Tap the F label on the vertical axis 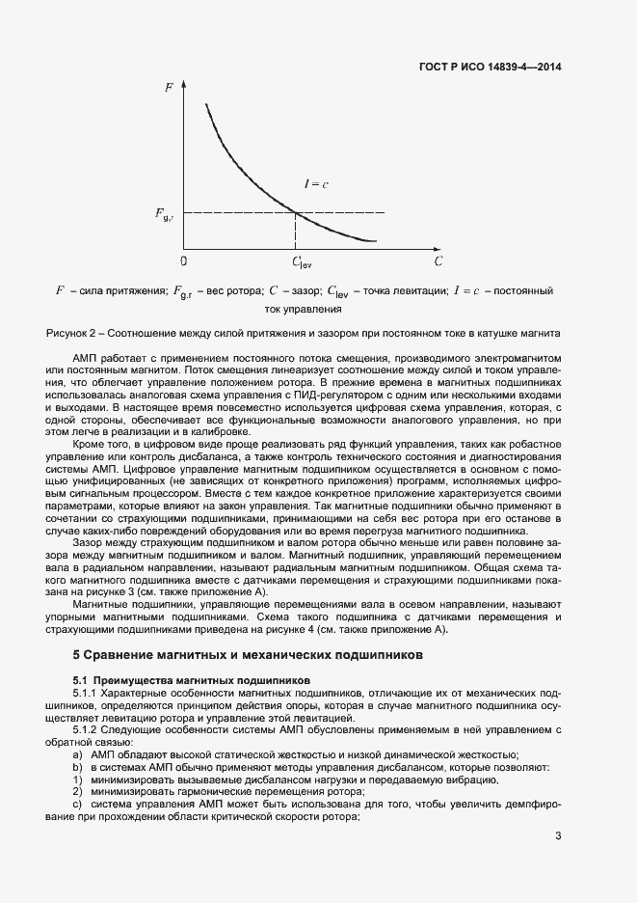(170, 88)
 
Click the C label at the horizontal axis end (438, 260)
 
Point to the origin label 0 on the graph (184, 260)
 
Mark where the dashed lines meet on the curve (294, 212)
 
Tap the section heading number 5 (77, 654)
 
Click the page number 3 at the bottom (558, 836)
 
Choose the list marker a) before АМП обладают (77, 754)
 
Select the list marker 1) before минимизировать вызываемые (77, 779)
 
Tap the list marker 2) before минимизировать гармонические (77, 791)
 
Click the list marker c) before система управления (77, 804)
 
